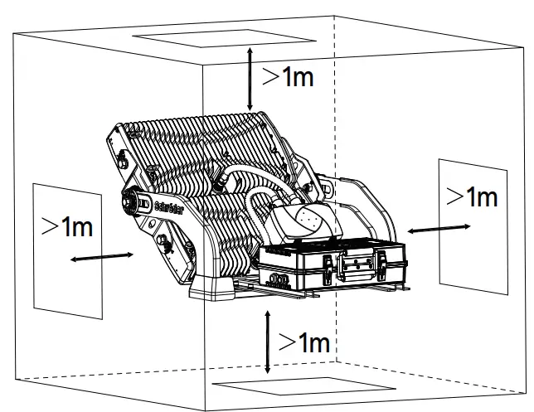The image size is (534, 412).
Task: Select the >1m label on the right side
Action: click(472, 196)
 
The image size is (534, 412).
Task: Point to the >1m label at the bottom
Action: click(303, 342)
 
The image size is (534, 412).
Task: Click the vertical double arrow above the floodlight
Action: click(250, 79)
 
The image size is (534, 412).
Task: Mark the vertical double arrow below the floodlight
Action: click(266, 342)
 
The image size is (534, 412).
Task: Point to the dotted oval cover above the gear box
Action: click(306, 219)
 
